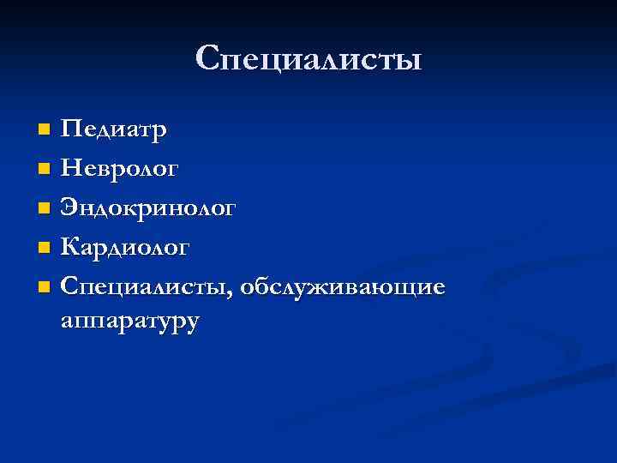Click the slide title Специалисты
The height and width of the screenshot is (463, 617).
[x=308, y=59]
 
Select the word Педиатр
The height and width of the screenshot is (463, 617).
[x=115, y=130]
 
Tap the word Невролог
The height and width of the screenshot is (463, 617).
[x=121, y=169]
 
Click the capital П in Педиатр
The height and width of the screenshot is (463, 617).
[x=72, y=130]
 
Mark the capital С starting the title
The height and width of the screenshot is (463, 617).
[x=209, y=58]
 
